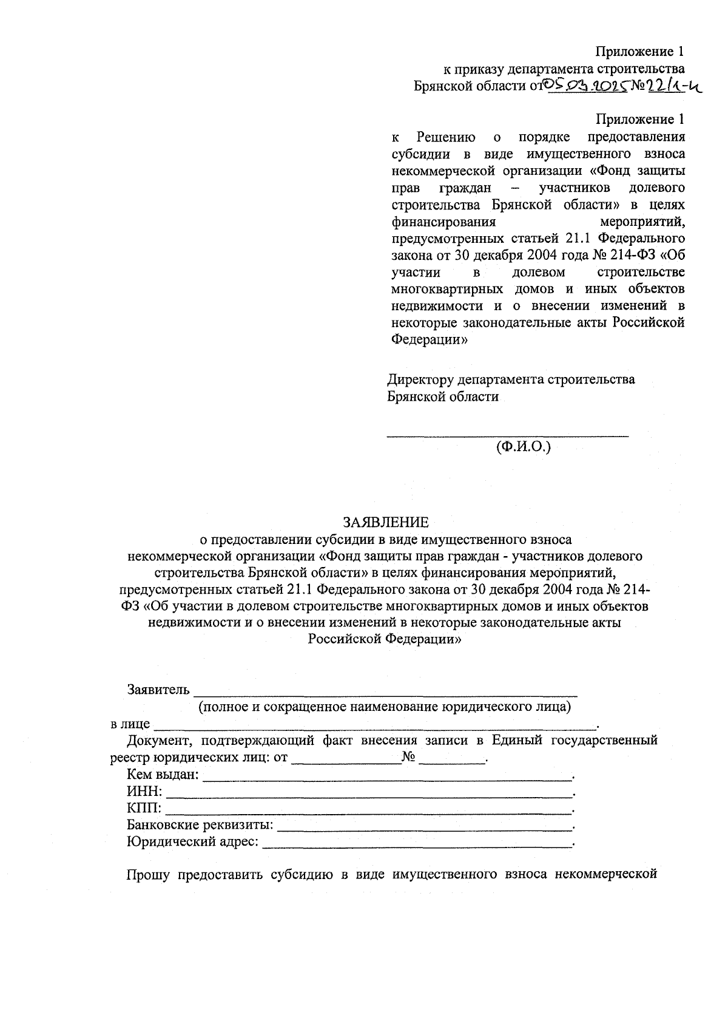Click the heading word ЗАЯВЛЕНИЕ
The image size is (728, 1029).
point(386,522)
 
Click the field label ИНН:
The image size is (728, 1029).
point(144,792)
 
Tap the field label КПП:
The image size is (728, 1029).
point(144,808)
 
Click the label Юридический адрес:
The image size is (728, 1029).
point(192,842)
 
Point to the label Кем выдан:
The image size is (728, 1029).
point(162,775)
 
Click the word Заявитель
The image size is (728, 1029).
point(158,690)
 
